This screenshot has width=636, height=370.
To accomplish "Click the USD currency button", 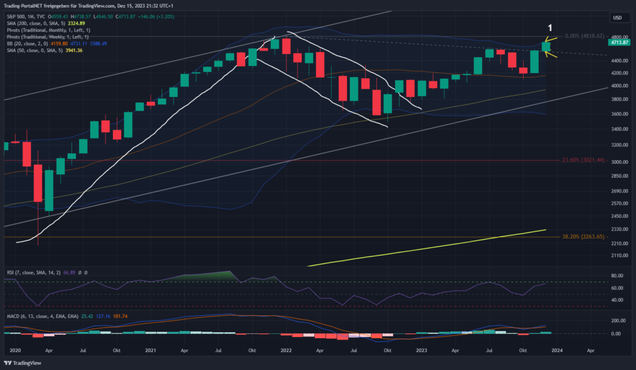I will [x=617, y=18].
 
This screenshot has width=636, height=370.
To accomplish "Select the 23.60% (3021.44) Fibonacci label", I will [x=582, y=160].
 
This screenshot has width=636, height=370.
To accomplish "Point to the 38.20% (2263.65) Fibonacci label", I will [x=582, y=237].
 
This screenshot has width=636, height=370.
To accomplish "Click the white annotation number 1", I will [x=550, y=28].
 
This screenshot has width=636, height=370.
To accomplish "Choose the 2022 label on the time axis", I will [x=286, y=350].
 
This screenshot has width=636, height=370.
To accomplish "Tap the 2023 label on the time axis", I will [x=422, y=350].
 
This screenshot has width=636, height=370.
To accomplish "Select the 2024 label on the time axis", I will [x=557, y=350].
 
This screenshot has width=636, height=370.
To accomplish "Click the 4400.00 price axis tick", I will [x=618, y=60].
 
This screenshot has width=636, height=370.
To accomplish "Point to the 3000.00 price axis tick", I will [x=618, y=162].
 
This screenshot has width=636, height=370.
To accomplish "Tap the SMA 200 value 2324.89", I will [x=68, y=22].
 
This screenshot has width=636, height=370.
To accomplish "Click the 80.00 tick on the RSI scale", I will [x=617, y=275].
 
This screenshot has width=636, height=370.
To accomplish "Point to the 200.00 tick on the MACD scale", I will [x=617, y=320].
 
